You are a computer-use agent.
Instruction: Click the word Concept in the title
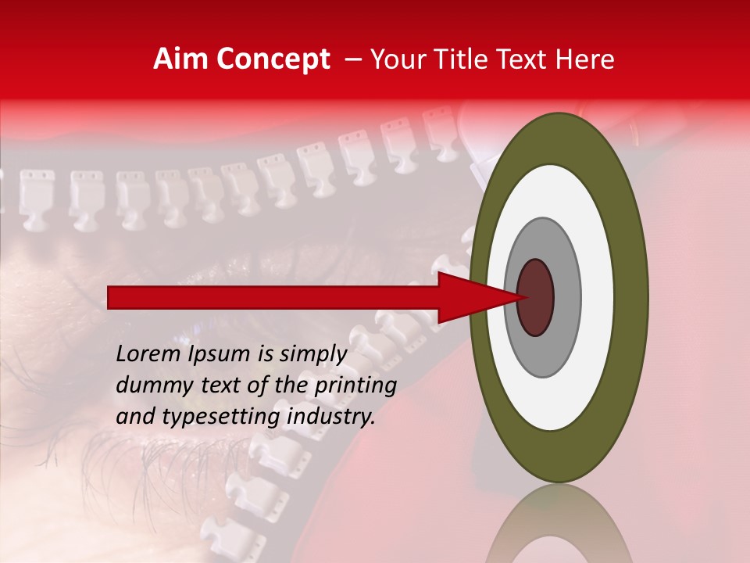coord(273,60)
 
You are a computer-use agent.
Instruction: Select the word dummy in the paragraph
coord(150,385)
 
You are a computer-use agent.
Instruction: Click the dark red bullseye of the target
coord(536,297)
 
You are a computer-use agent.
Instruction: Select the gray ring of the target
coord(566,297)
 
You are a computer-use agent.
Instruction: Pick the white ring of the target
coord(597,297)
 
